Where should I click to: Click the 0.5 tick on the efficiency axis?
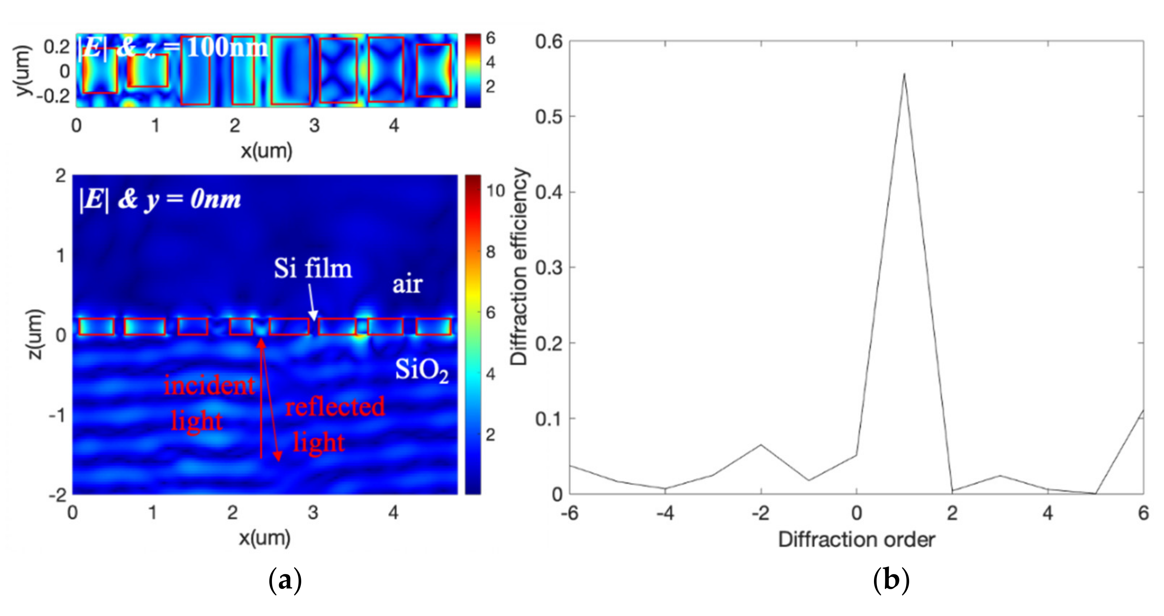[550, 117]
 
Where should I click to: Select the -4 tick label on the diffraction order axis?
[665, 513]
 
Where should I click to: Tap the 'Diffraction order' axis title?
[856, 539]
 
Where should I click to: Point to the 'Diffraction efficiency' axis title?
[519, 266]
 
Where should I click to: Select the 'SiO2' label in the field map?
[422, 371]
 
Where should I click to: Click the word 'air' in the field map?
[407, 285]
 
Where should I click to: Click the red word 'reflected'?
[335, 407]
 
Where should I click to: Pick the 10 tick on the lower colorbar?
[495, 191]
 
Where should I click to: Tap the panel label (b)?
[891, 580]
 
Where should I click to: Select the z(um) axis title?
[35, 334]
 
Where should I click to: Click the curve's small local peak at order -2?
[761, 445]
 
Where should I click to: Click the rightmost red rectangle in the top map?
[434, 70]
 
